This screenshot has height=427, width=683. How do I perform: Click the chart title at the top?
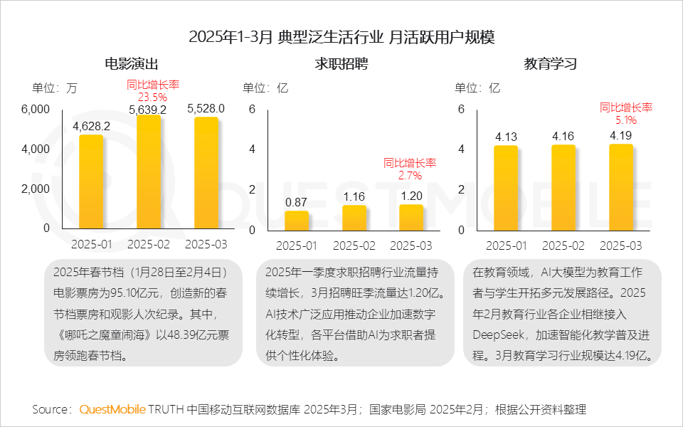[341, 37]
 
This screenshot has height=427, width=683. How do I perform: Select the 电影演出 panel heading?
[131, 64]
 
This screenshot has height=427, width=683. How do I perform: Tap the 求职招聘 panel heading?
[341, 64]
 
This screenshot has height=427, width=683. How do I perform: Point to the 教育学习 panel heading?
[550, 64]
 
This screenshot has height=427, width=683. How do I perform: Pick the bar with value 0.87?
[297, 220]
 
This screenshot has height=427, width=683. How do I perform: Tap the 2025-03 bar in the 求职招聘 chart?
[411, 216]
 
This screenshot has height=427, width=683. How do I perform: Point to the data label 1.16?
[354, 196]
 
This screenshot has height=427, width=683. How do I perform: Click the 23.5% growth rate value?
[152, 97]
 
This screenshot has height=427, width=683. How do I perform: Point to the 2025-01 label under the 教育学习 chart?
[506, 246]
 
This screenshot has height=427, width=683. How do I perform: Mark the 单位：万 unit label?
[54, 88]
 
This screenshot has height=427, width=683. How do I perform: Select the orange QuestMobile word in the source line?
[112, 409]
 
